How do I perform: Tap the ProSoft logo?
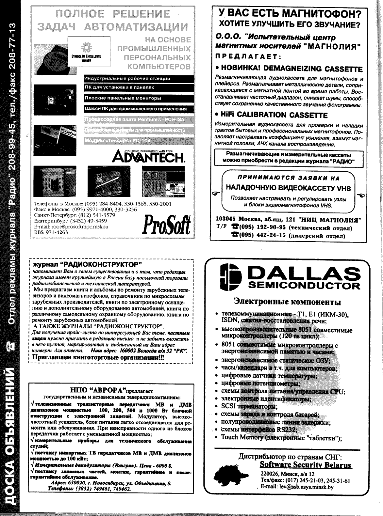(166, 224)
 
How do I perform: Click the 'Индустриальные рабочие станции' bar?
(127, 78)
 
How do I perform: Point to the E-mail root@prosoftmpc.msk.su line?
(71, 227)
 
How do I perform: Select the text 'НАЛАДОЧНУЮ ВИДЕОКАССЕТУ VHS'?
(288, 188)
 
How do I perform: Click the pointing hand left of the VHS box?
(215, 193)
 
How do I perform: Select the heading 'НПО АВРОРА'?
(98, 390)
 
